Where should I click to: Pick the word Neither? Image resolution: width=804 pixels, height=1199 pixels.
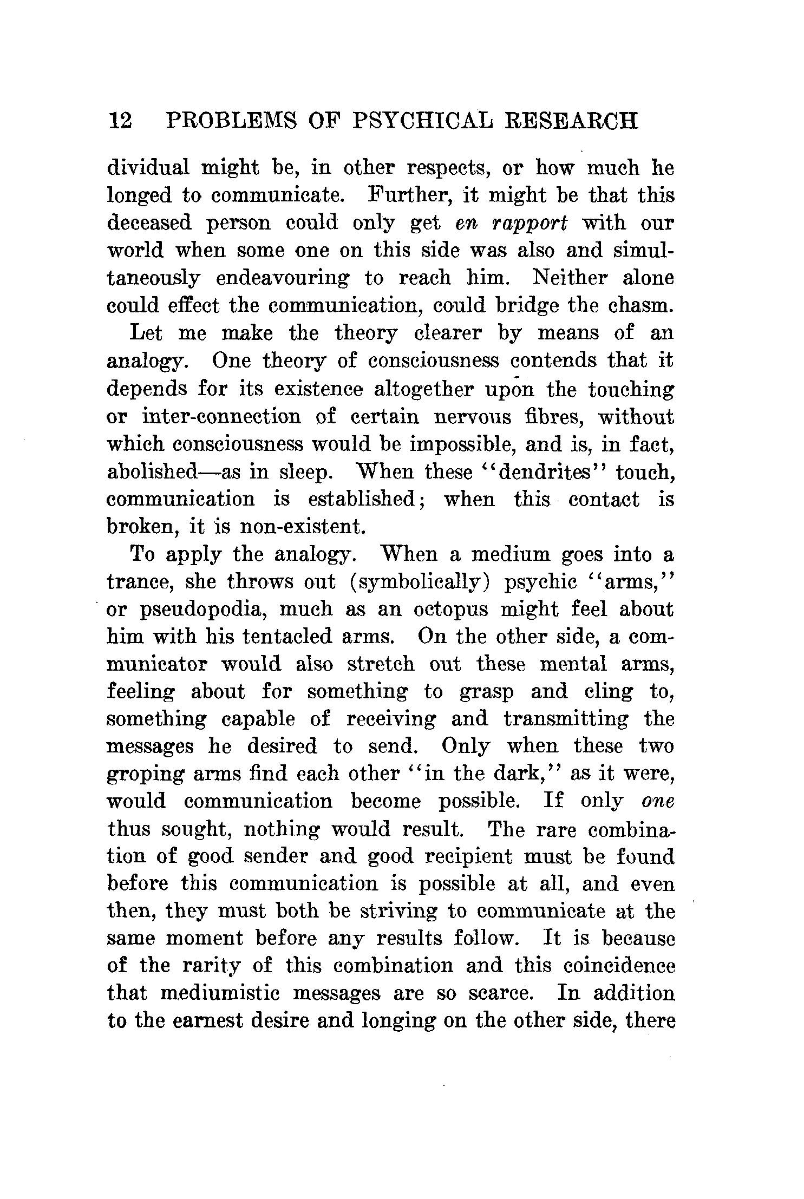(567, 278)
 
